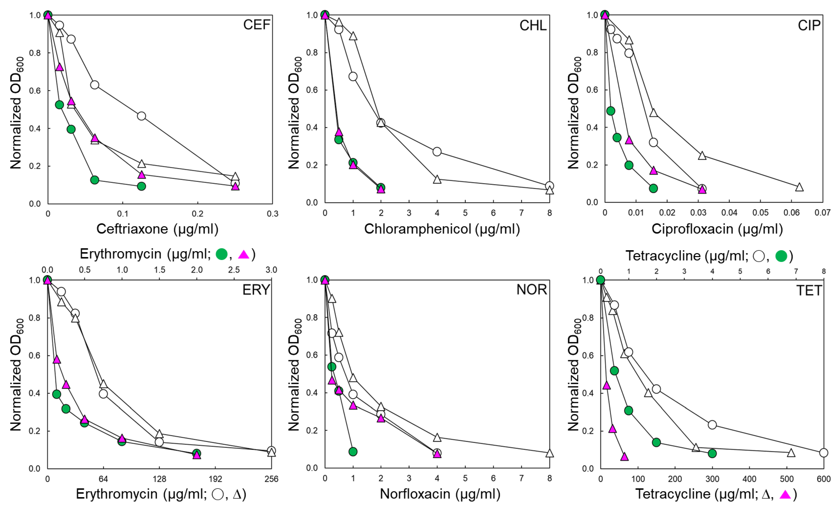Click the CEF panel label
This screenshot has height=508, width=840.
click(256, 25)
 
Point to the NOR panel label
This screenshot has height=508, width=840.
click(531, 290)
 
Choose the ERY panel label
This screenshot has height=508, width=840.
click(256, 290)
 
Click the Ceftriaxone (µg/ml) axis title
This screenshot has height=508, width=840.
click(157, 229)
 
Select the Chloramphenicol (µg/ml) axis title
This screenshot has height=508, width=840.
click(442, 229)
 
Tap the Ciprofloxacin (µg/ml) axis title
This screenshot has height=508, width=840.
click(717, 229)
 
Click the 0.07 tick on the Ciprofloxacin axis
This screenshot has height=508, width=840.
click(822, 213)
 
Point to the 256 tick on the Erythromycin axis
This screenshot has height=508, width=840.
click(271, 479)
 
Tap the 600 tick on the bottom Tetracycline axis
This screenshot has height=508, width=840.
click(823, 479)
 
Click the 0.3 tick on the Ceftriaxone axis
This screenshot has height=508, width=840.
click(272, 214)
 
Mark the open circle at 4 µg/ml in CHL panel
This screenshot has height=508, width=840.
click(437, 152)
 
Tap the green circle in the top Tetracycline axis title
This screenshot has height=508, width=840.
click(781, 256)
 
